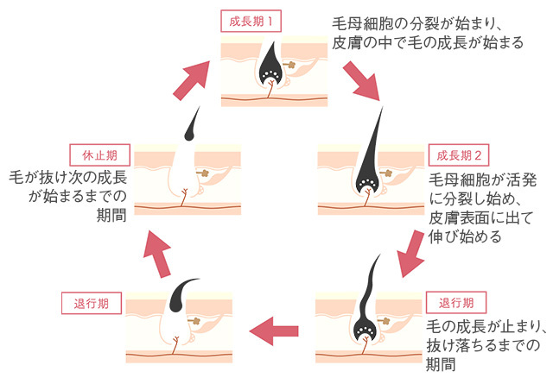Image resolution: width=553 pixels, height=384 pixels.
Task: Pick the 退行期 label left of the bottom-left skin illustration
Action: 85,303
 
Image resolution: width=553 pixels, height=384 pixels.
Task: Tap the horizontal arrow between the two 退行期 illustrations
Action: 274,329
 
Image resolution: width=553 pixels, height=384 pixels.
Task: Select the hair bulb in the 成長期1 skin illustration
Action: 270,76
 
